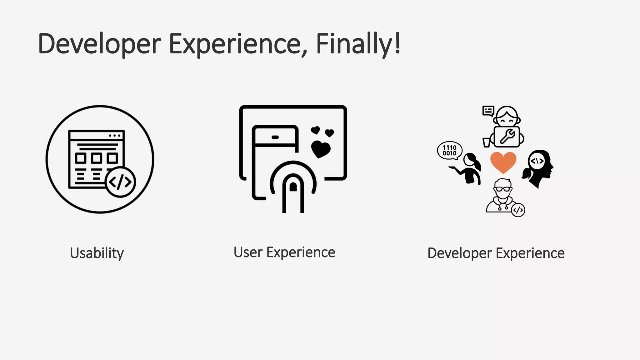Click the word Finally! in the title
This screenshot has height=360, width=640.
pos(358,44)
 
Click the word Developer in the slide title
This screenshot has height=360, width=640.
pos(99,44)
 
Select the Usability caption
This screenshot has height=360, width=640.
pos(97,253)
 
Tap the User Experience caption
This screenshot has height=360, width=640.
pos(284,252)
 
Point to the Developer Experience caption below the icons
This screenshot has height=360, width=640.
pos(496,253)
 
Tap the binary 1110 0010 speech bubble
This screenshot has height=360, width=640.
pos(449,150)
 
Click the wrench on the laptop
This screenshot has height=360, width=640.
pos(507,137)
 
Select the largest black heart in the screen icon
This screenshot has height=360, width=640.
pos(321,149)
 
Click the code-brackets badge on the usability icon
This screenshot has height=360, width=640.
pos(120,182)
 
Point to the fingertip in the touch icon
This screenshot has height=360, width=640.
pos(293,187)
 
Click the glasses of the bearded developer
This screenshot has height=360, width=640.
pos(503,189)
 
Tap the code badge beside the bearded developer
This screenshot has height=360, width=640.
pos(518,210)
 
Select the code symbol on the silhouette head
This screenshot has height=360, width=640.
pos(537,161)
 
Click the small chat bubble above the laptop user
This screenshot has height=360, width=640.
pos(488,111)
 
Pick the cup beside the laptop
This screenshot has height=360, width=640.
pos(487,142)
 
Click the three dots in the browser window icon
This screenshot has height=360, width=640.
pos(114,136)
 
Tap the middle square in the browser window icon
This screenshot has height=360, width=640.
pos(96,158)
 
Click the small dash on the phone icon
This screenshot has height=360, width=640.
pos(275,137)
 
